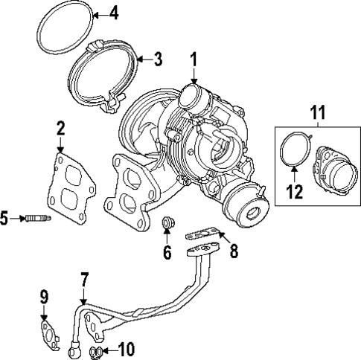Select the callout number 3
[157, 59]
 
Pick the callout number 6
[167, 253]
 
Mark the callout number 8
[233, 251]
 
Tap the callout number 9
[44, 299]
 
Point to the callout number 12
[294, 191]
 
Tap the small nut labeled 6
[167, 222]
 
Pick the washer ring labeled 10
[95, 350]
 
